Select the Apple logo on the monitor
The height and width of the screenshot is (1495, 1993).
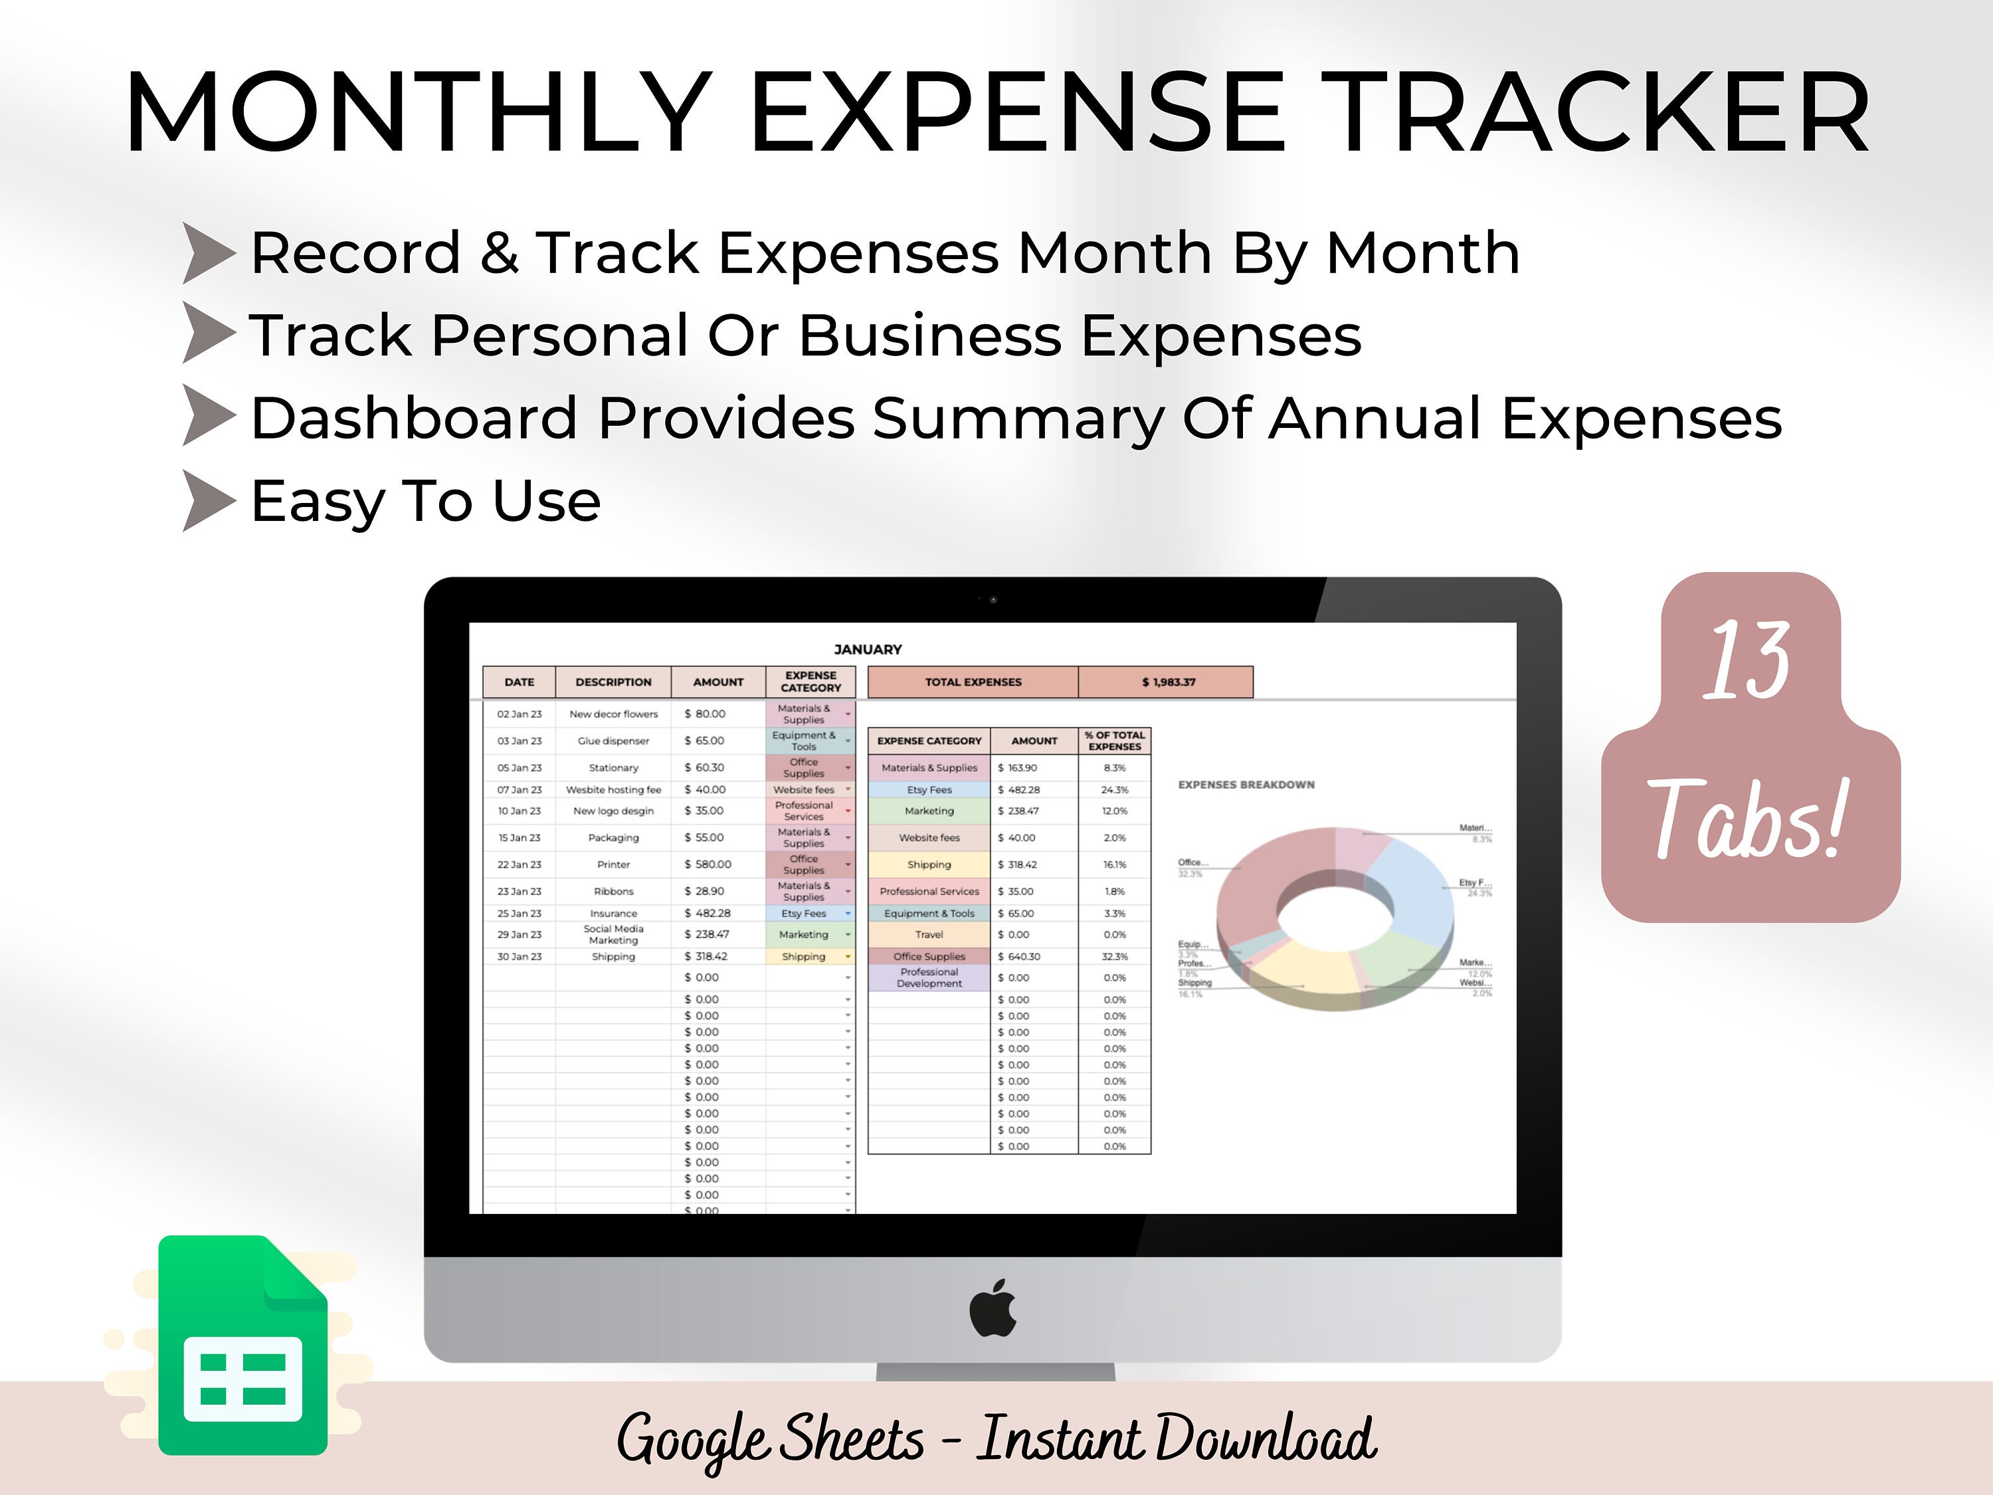click(x=993, y=1308)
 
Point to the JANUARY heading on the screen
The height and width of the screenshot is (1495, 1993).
click(x=868, y=648)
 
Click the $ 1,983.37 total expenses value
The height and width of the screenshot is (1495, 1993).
click(x=1168, y=682)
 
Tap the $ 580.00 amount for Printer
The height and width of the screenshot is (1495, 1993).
click(x=708, y=864)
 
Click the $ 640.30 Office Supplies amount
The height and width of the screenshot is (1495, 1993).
click(x=1019, y=956)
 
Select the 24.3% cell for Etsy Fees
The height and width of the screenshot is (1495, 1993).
click(x=1115, y=789)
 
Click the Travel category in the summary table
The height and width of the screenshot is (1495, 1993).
click(x=929, y=934)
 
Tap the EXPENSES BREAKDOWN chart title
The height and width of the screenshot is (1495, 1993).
click(x=1246, y=785)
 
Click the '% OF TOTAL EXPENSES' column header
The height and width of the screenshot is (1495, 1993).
click(x=1115, y=741)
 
